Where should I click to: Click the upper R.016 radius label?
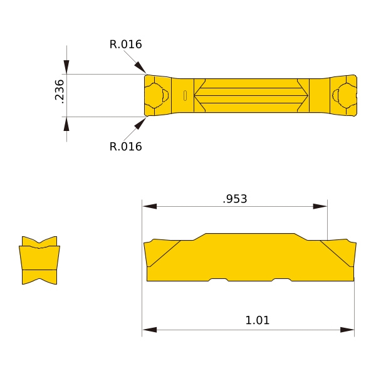click(x=126, y=44)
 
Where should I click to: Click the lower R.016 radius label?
click(x=126, y=147)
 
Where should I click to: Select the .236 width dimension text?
click(x=60, y=91)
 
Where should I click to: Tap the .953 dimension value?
click(x=235, y=199)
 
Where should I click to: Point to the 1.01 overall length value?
click(x=258, y=320)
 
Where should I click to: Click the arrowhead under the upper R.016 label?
click(x=140, y=67)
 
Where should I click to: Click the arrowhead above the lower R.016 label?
click(x=140, y=123)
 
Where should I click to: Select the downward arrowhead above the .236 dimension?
click(x=66, y=67)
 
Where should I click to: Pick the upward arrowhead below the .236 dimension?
click(x=66, y=124)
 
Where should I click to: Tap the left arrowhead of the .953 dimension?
click(x=150, y=206)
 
